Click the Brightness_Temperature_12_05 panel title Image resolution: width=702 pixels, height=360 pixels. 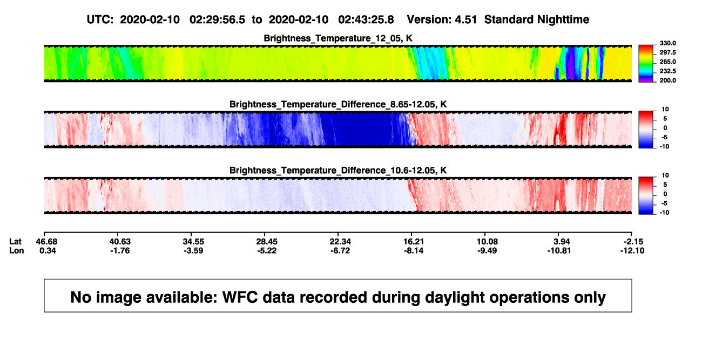click(x=338, y=38)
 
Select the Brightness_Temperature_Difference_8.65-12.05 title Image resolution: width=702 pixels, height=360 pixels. click(x=338, y=104)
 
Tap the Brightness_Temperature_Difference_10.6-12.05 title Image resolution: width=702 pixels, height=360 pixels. click(x=338, y=171)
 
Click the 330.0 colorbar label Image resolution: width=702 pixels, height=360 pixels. click(x=667, y=43)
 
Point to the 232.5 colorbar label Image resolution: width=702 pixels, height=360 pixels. click(x=667, y=71)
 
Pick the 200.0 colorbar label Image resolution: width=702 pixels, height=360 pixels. click(x=667, y=80)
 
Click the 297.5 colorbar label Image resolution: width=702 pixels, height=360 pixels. click(x=667, y=53)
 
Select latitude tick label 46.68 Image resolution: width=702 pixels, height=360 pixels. click(x=46, y=242)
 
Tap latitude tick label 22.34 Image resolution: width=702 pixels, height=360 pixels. click(x=340, y=242)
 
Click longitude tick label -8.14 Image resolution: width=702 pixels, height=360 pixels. click(x=413, y=250)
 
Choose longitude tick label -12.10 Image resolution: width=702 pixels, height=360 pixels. click(x=632, y=250)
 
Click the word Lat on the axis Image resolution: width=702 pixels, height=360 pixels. click(x=15, y=242)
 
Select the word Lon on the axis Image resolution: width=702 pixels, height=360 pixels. click(x=16, y=250)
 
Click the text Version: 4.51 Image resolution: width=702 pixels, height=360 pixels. click(x=442, y=19)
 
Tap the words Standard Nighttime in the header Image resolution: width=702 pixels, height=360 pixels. click(x=537, y=19)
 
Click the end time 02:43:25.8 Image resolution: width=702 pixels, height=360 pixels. click(x=366, y=19)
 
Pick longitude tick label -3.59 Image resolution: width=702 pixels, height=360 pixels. click(x=193, y=250)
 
